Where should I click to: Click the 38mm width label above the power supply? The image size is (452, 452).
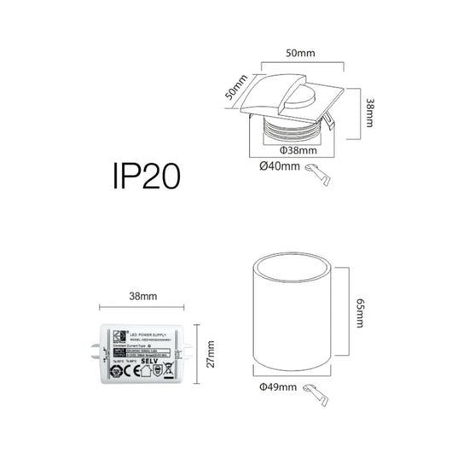[x=142, y=296]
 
